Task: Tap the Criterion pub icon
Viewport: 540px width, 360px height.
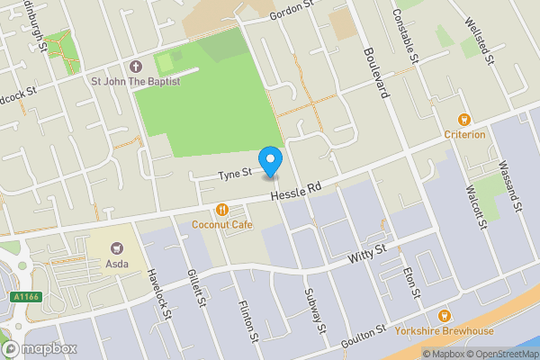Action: click(x=464, y=120)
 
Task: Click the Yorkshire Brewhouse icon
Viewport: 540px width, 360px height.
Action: click(x=443, y=316)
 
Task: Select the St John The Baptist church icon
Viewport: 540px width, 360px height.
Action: click(x=136, y=67)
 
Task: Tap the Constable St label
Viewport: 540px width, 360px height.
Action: click(x=407, y=37)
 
